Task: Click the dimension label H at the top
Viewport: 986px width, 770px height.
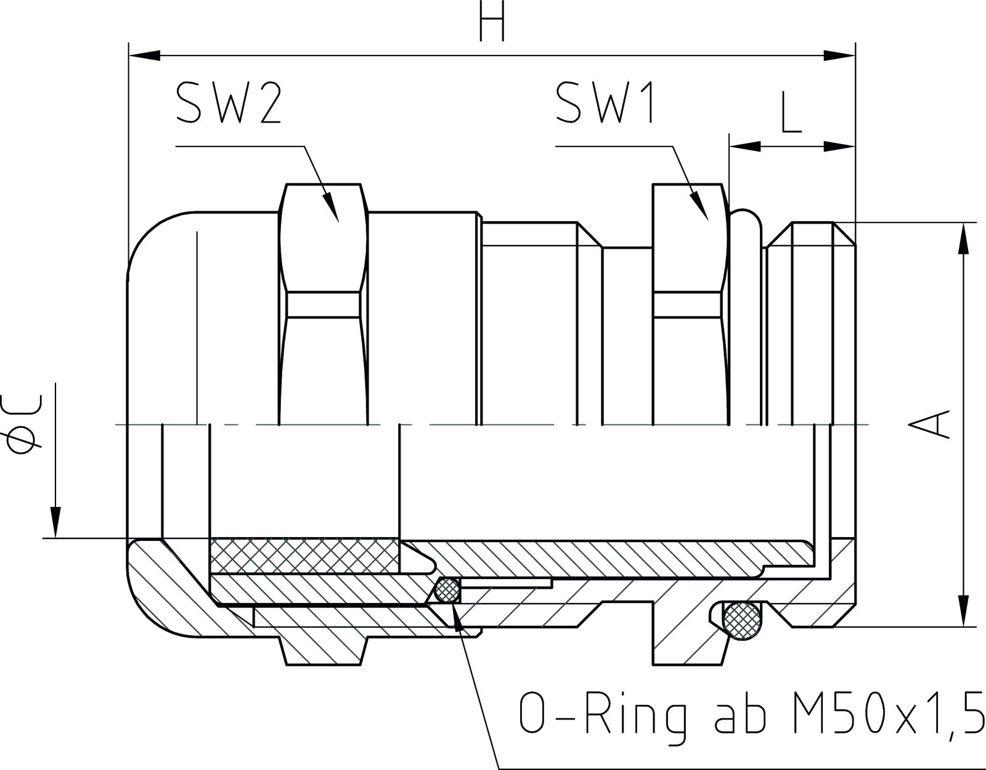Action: tap(492, 23)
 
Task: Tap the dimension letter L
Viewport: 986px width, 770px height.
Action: tap(791, 114)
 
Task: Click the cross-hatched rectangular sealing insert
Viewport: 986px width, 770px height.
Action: tap(304, 554)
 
